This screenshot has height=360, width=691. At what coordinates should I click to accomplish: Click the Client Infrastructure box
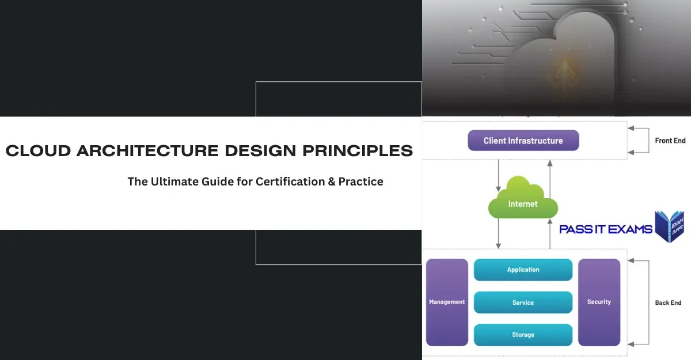[x=523, y=141]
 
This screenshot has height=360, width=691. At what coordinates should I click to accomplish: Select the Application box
[x=523, y=270]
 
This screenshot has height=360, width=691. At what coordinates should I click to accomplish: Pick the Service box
[x=523, y=302]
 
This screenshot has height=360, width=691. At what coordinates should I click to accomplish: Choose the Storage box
[x=523, y=335]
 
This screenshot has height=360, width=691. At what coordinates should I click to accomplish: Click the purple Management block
[x=447, y=302]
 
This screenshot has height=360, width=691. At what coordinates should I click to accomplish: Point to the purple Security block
[x=599, y=302]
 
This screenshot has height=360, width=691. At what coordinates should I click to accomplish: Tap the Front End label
[x=670, y=141]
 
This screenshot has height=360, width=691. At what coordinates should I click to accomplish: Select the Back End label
[x=668, y=302]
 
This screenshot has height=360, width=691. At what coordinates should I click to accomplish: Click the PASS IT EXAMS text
[x=605, y=229]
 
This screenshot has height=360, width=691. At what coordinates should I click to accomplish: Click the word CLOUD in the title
[x=38, y=151]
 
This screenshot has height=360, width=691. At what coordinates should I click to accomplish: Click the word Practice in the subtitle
[x=361, y=181]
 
